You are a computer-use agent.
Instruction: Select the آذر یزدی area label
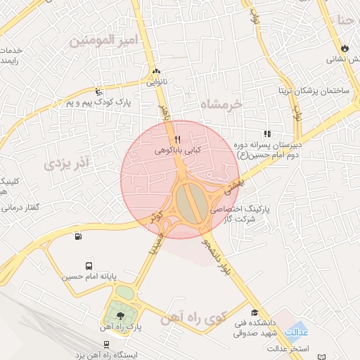pyautogui.click(x=68, y=164)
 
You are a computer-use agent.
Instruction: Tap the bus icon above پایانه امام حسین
pyautogui.click(x=89, y=266)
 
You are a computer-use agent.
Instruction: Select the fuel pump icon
pyautogui.click(x=77, y=236)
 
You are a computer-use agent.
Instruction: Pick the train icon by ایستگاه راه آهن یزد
pyautogui.click(x=105, y=345)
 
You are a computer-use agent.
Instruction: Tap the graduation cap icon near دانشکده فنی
pyautogui.click(x=254, y=312)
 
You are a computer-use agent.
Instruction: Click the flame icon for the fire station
pyautogui.click(x=345, y=48)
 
